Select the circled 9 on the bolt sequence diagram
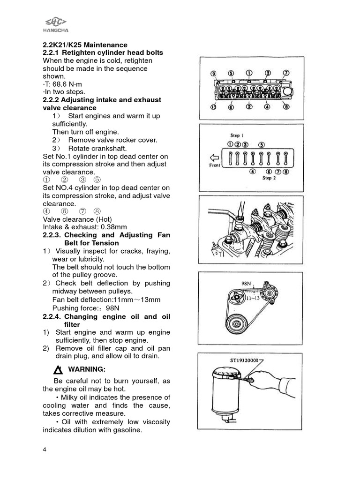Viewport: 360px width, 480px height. click(213, 74)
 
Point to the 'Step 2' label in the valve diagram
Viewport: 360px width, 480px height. click(269, 178)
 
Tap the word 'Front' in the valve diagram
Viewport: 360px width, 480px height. click(214, 165)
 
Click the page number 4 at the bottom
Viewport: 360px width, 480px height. click(45, 450)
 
